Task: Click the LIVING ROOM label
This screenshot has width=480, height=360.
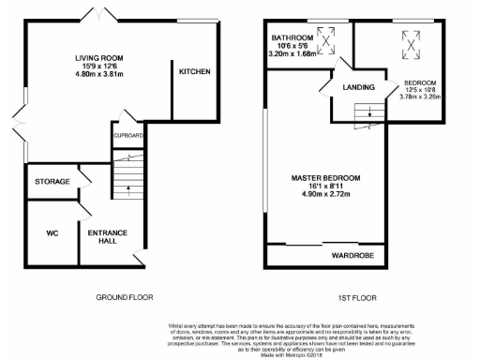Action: [100, 57]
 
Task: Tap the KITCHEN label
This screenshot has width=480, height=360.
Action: [194, 71]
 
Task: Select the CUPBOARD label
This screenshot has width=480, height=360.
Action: [128, 136]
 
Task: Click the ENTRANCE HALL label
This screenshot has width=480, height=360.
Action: [107, 235]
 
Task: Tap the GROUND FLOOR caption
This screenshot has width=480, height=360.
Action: [125, 297]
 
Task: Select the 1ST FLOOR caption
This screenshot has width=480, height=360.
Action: [356, 297]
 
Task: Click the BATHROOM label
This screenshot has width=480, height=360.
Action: [291, 38]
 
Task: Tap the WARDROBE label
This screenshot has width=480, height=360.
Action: [352, 253]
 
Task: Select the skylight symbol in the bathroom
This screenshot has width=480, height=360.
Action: [328, 39]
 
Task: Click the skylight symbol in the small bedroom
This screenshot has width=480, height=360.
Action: [412, 37]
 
